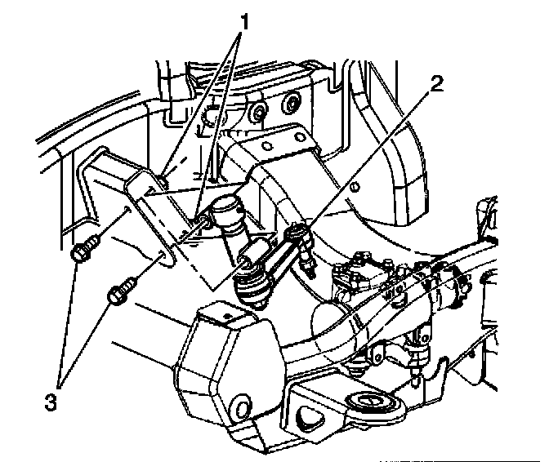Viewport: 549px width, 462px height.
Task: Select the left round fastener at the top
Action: tap(258, 111)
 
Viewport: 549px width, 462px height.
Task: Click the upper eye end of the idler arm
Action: tap(298, 234)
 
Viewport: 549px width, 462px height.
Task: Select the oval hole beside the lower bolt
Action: tap(168, 260)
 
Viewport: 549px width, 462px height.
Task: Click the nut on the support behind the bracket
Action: tap(200, 222)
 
